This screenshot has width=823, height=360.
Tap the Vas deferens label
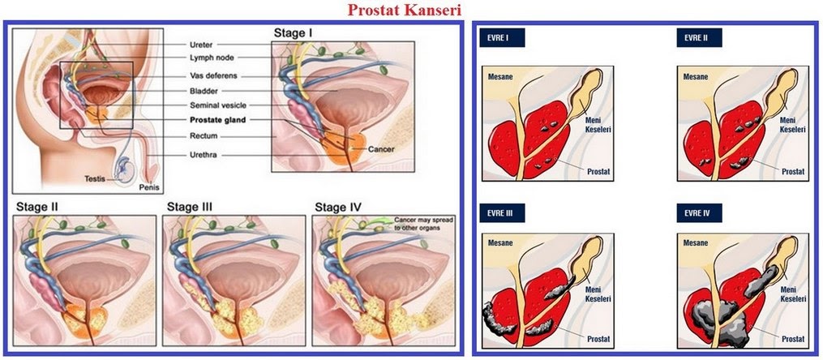(x=212, y=76)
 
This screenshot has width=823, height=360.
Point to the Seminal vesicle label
(x=217, y=105)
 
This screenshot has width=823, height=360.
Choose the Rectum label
(x=203, y=135)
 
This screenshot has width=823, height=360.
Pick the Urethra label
(x=204, y=154)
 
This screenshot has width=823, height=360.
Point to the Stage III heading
(x=190, y=206)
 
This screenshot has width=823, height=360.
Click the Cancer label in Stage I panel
(x=381, y=150)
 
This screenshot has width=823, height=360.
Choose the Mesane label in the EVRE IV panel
(x=697, y=242)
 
